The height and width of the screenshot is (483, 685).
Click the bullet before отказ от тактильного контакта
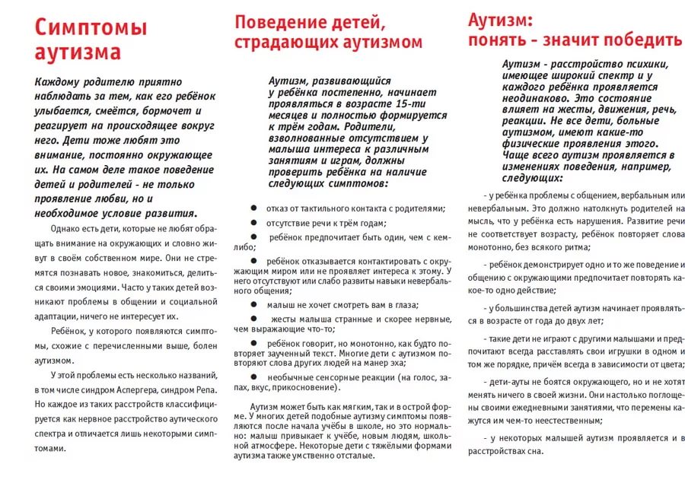tap(253, 208)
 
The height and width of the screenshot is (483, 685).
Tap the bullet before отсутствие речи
tap(253, 223)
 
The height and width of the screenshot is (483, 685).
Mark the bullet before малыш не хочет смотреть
tap(253, 304)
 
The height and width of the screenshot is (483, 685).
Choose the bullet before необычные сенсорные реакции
tap(253, 377)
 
